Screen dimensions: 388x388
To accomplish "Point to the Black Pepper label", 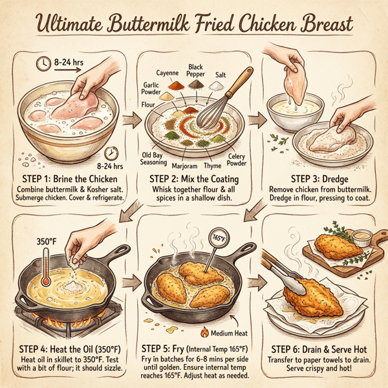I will click(195, 71).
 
